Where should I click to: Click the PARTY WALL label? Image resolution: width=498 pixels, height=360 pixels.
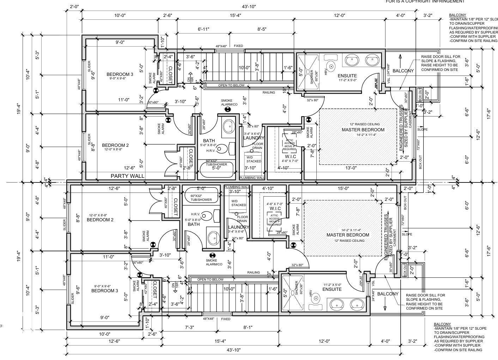(127, 176)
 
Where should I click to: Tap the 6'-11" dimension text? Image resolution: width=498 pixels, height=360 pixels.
(204, 29)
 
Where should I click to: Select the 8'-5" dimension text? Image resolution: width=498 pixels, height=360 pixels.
(262, 29)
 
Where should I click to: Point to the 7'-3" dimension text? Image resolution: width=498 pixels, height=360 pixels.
(189, 327)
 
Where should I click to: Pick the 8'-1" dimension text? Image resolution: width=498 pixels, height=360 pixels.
(248, 327)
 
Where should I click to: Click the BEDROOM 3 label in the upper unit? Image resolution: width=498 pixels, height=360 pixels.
(120, 74)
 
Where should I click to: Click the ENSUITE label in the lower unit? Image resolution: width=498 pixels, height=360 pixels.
(332, 289)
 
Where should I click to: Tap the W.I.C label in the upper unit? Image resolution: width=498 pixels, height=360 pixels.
(291, 156)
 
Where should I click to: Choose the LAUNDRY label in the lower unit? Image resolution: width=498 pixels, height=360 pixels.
(238, 227)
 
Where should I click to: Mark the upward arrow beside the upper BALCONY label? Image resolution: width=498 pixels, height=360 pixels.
(400, 59)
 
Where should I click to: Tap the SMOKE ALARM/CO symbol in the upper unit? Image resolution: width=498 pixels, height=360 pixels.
(228, 109)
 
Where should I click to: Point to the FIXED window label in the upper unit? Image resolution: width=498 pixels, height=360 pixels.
(238, 46)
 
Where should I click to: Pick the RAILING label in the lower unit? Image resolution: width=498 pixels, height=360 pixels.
(253, 272)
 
